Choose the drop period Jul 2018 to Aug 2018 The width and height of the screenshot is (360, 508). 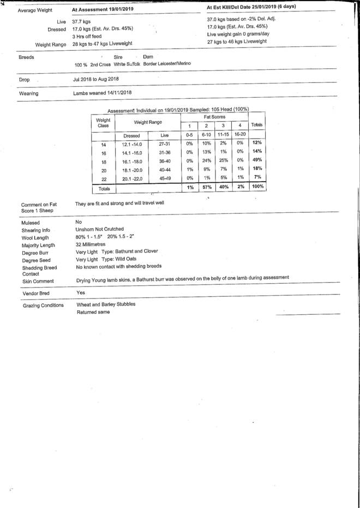click(95, 79)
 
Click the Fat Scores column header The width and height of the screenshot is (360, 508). click(214, 117)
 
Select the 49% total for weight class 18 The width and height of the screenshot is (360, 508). click(257, 160)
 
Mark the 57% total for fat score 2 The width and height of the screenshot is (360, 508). click(206, 187)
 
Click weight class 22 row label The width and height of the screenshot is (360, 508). click(103, 178)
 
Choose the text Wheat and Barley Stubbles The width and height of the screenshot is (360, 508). click(106, 304)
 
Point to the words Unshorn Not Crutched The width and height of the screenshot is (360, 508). click(99, 229)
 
